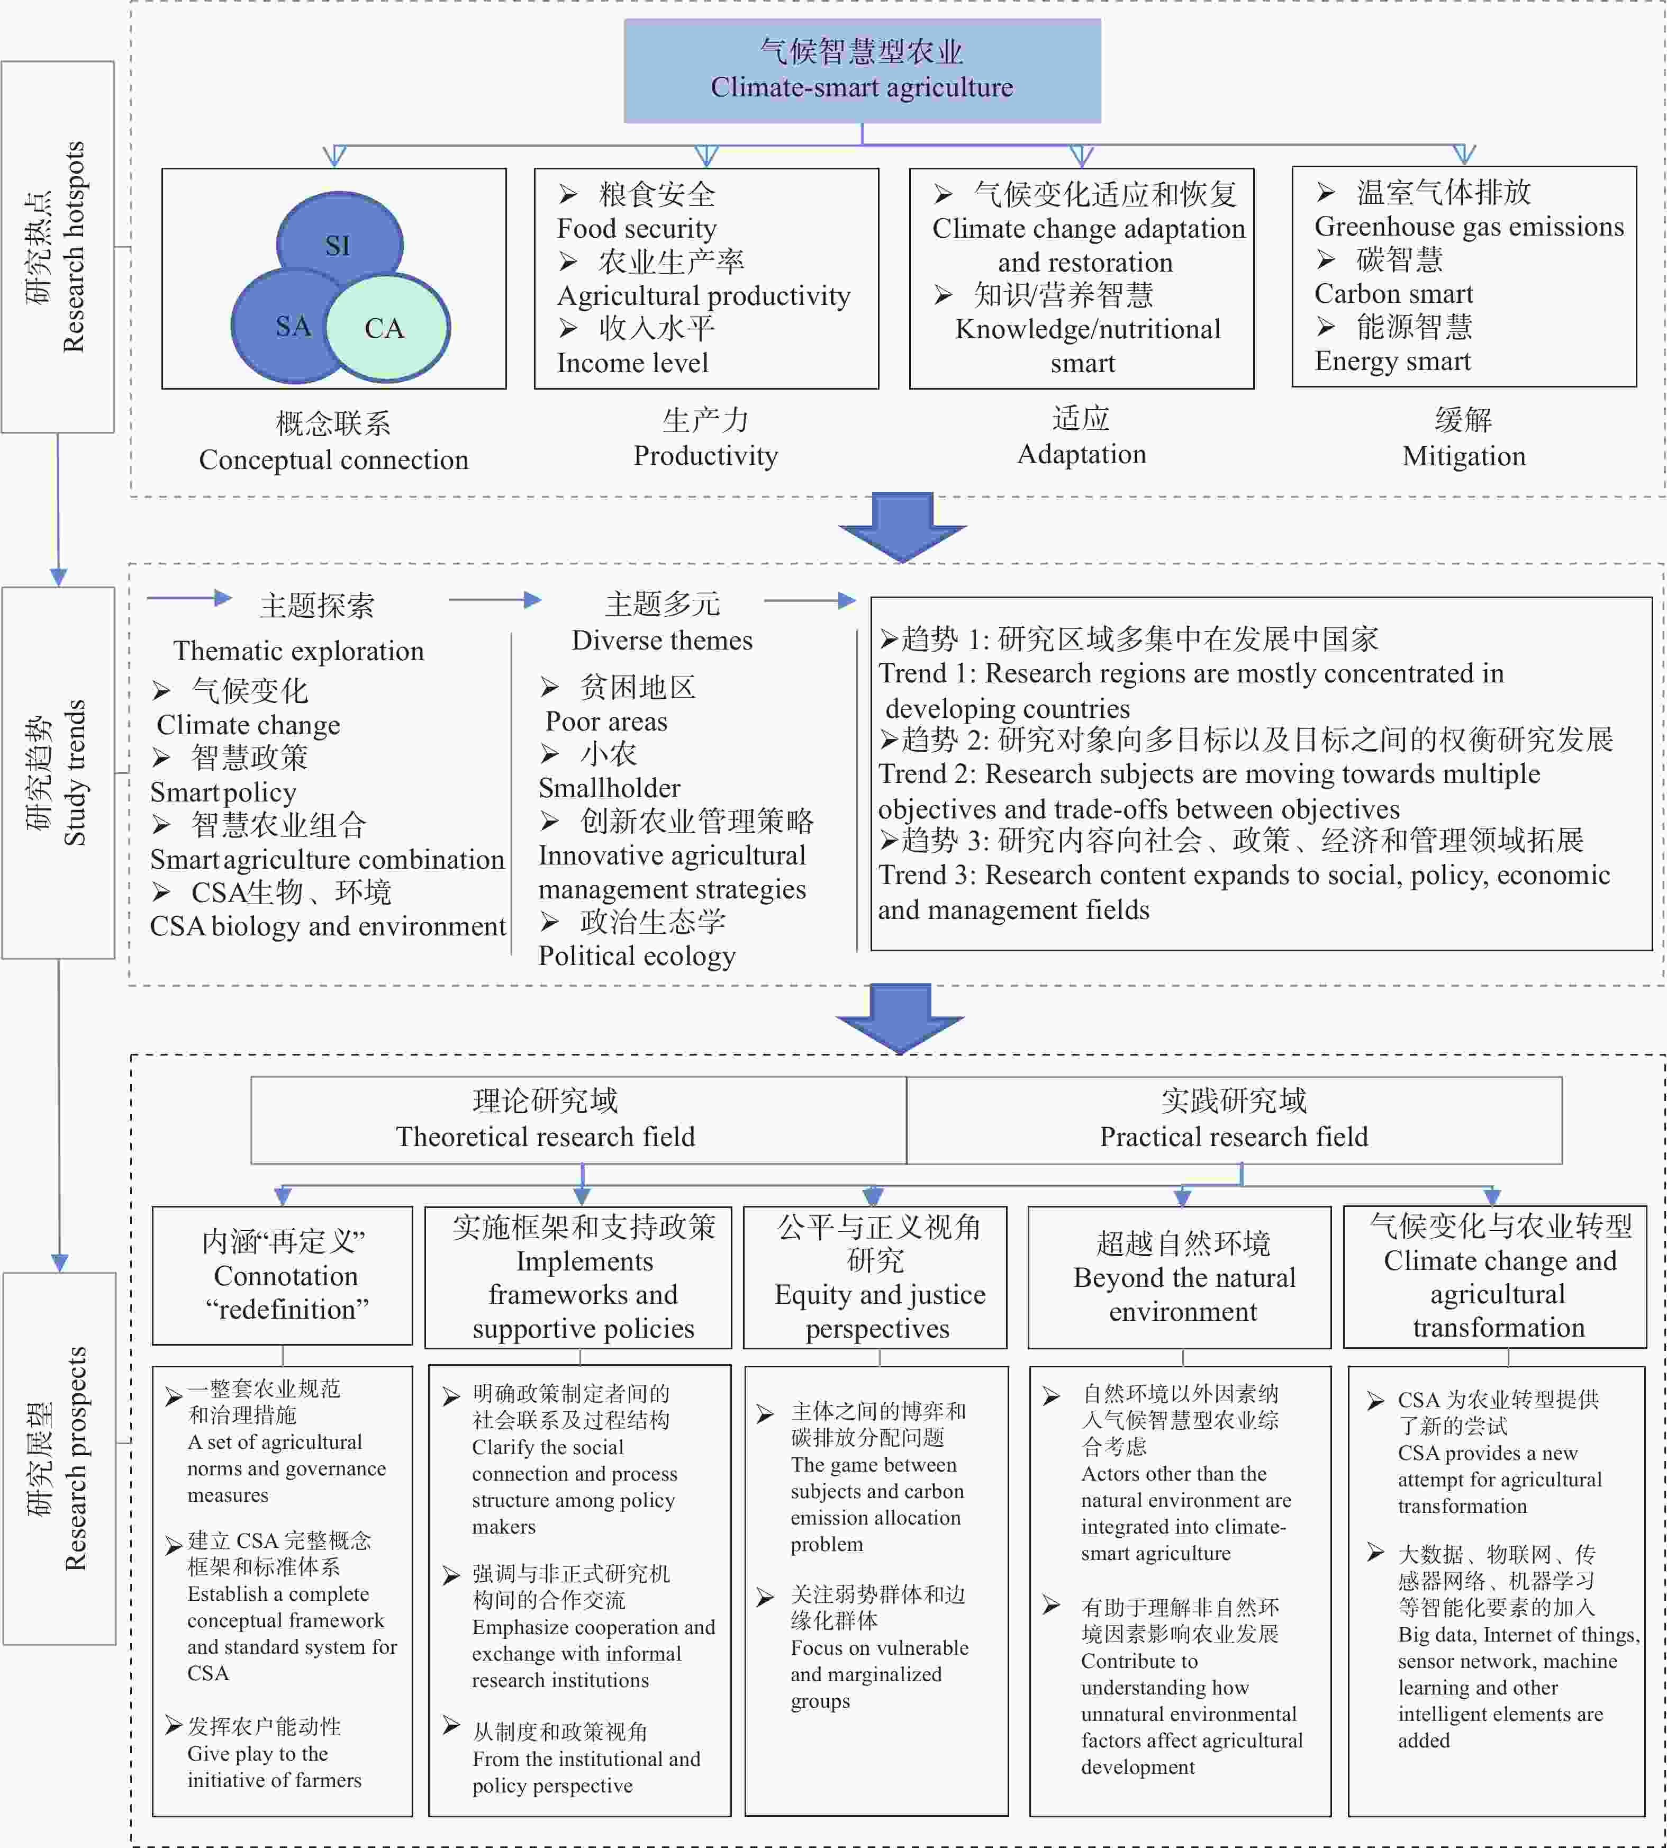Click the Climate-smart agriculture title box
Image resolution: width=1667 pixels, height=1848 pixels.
coord(862,70)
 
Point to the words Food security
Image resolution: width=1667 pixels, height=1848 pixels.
coord(637,228)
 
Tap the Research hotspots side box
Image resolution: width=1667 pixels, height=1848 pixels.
coord(58,247)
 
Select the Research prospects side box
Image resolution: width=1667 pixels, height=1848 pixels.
coord(59,1458)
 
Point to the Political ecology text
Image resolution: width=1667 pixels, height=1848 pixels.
coord(637,955)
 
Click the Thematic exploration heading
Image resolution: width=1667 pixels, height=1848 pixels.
coord(298,651)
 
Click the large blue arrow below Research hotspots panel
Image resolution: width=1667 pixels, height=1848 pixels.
coord(903,527)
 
